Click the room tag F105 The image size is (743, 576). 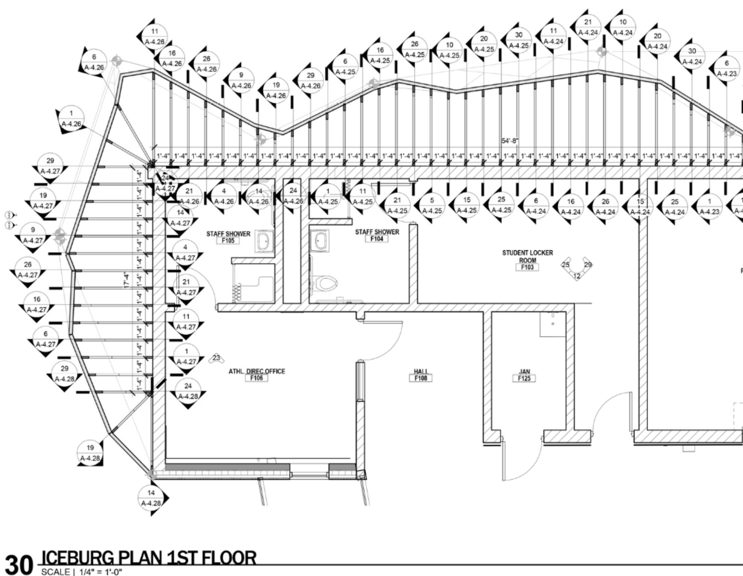click(228, 240)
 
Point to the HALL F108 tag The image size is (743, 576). click(421, 375)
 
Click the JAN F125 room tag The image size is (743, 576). click(524, 375)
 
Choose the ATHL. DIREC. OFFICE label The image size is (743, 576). click(257, 372)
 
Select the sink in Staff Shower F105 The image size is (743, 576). click(265, 241)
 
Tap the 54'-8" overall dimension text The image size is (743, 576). click(509, 141)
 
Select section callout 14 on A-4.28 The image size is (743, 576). click(151, 498)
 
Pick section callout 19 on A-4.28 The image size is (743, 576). click(90, 452)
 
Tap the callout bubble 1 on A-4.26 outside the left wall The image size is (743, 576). click(71, 118)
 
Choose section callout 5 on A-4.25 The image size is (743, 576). click(432, 205)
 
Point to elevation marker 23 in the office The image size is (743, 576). click(216, 358)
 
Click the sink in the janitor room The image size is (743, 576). click(553, 324)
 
